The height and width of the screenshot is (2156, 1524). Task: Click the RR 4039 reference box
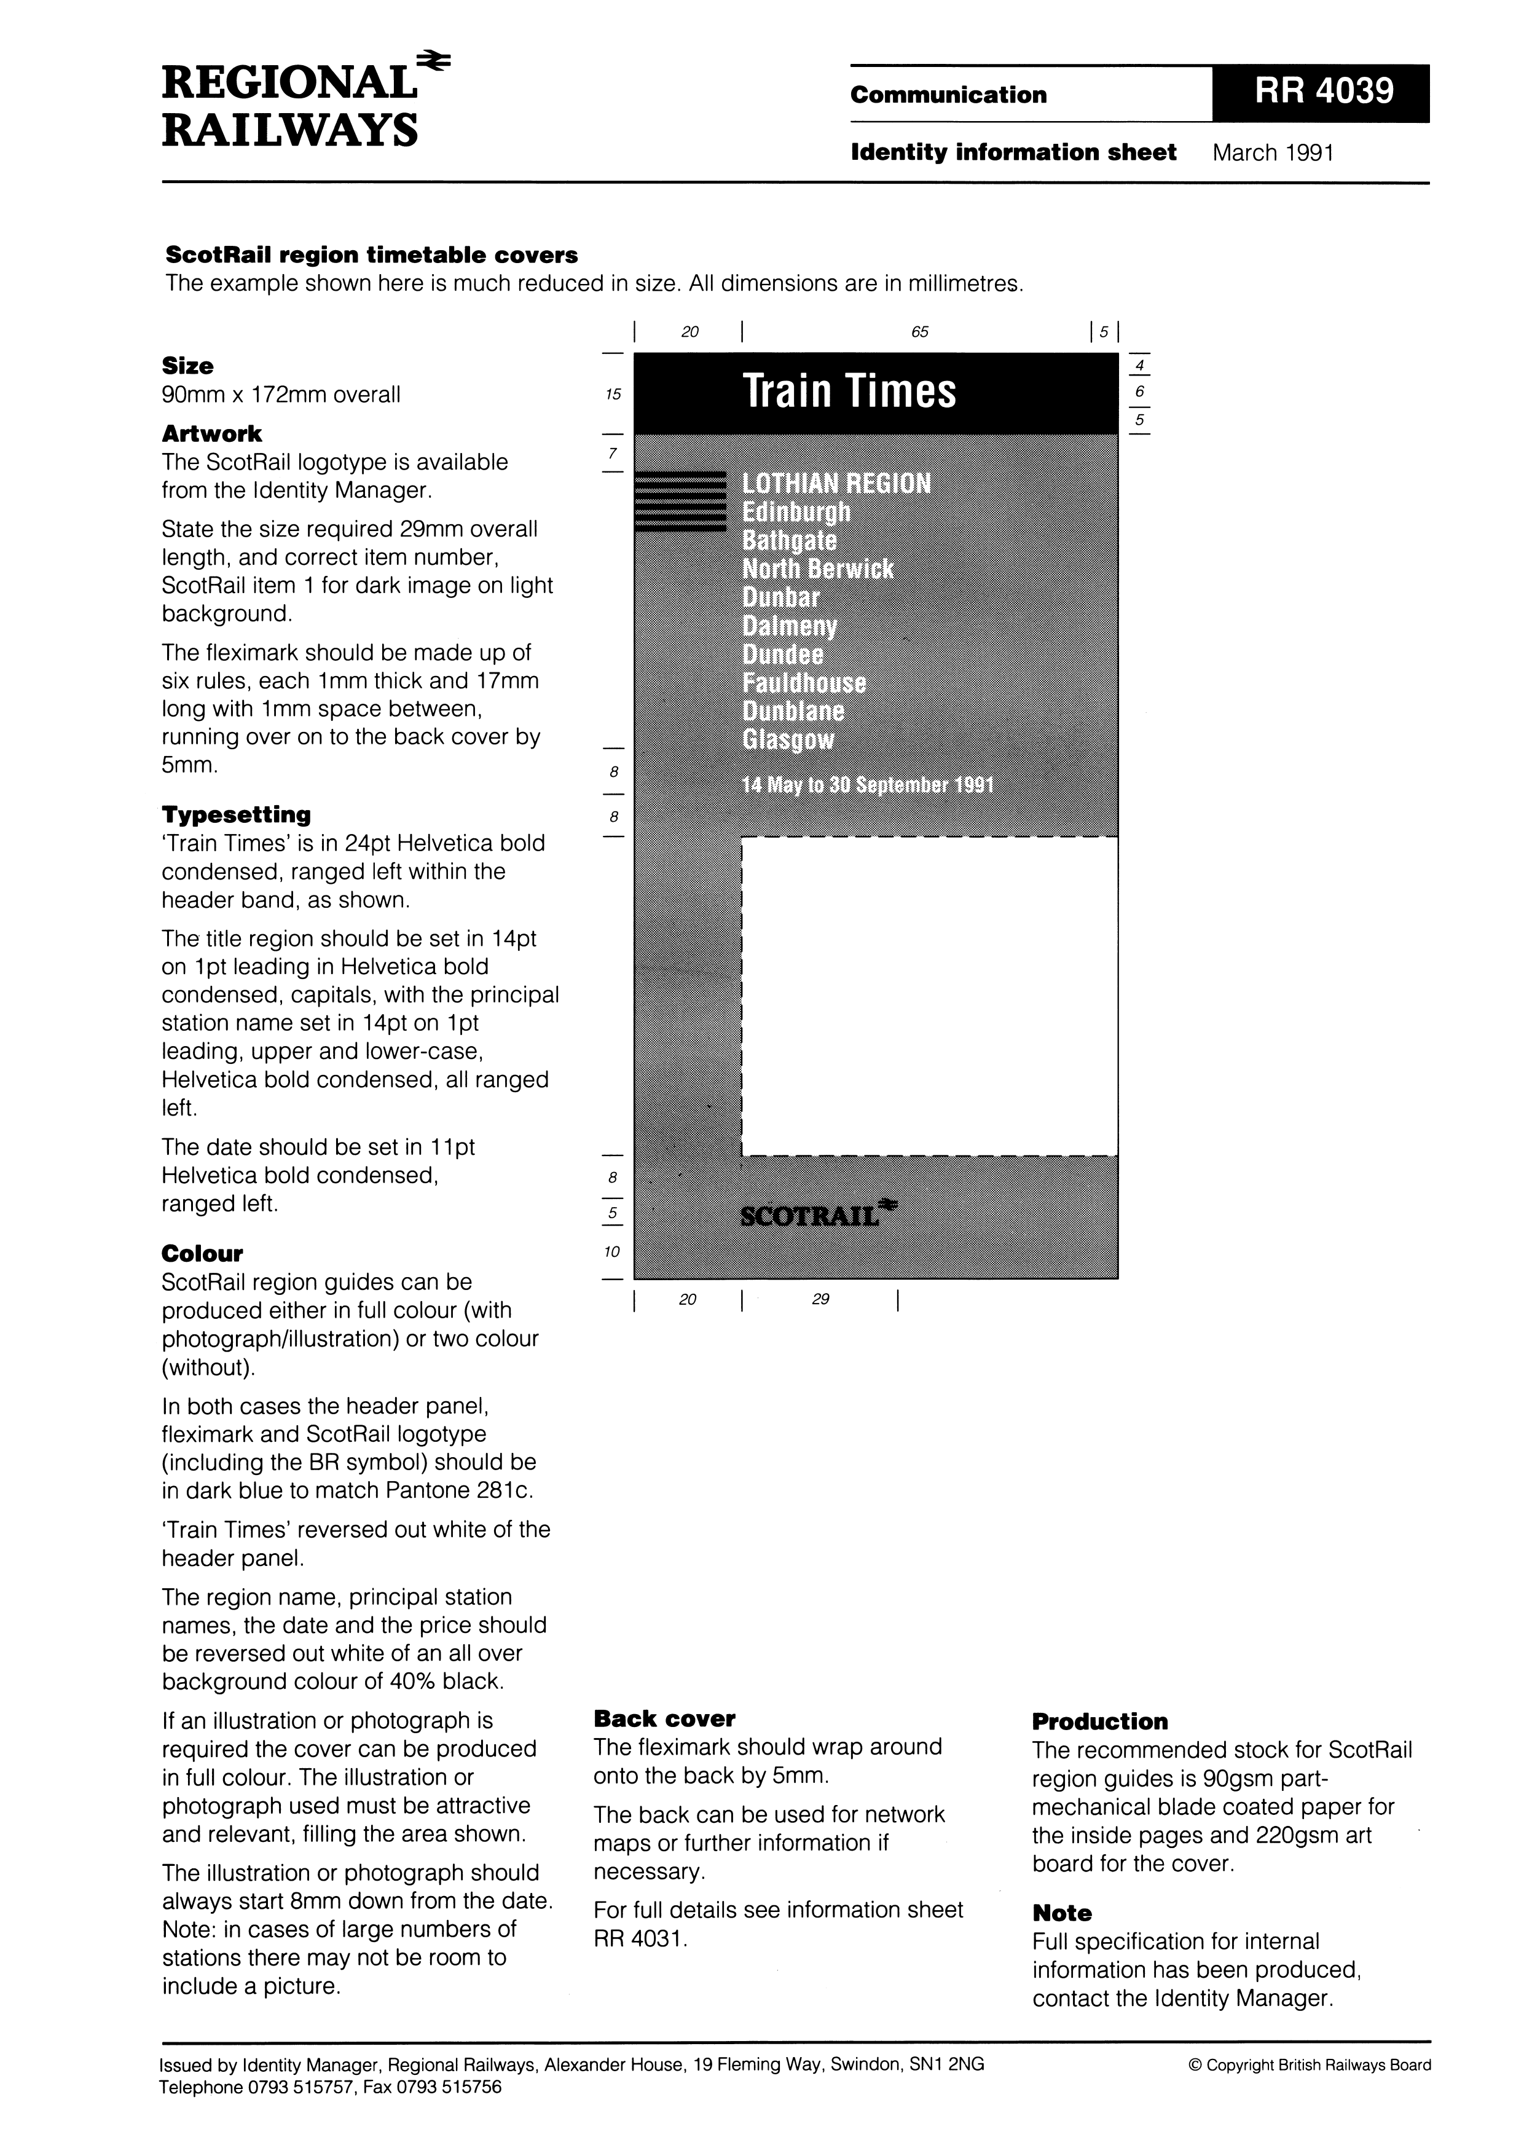coord(1320,93)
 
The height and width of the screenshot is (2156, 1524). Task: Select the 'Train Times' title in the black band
coord(849,391)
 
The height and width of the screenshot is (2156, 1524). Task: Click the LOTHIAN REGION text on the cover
coord(836,484)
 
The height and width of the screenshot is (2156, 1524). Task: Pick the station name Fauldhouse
coord(804,683)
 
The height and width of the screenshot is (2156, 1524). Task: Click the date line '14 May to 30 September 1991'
coord(868,785)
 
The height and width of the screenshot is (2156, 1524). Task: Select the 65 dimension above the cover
coord(919,331)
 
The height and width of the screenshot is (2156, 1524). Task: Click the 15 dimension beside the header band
coord(613,395)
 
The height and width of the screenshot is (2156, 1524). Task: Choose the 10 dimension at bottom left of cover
coord(612,1252)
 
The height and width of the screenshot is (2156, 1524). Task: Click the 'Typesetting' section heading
coord(236,814)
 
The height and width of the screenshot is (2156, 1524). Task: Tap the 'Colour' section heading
coord(202,1254)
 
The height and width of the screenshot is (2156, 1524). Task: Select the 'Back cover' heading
coord(664,1718)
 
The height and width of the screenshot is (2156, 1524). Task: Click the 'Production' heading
coord(1099,1721)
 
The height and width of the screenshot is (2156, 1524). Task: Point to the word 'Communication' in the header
coord(948,95)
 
